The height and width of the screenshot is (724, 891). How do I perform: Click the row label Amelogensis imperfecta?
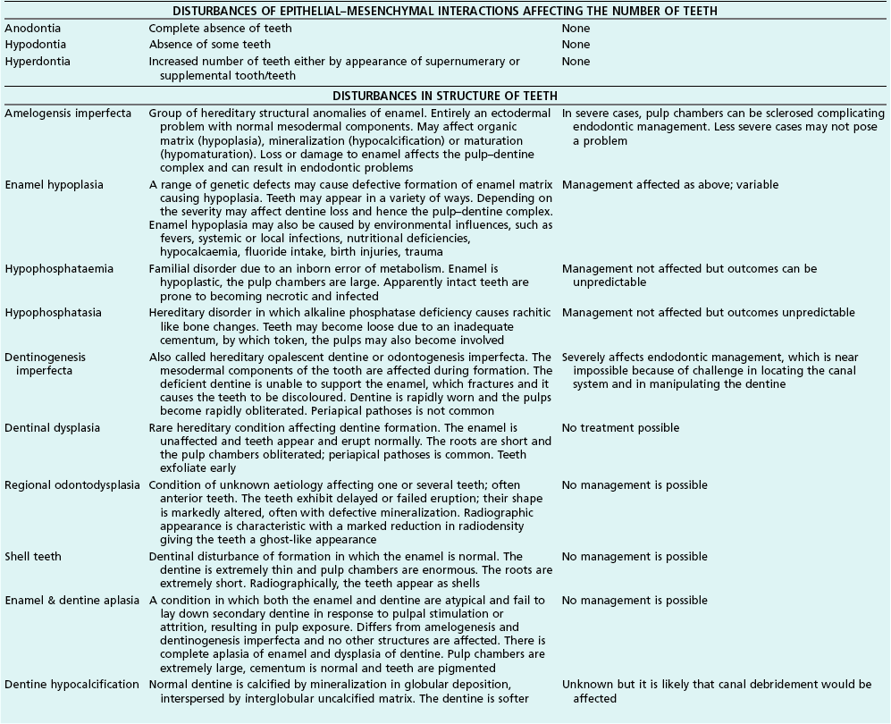(x=68, y=114)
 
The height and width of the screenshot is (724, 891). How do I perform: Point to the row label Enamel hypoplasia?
(x=54, y=185)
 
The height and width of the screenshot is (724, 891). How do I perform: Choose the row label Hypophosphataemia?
(x=60, y=269)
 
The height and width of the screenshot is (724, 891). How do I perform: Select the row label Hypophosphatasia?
(x=54, y=313)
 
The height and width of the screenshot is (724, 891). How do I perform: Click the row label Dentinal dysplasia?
(x=53, y=428)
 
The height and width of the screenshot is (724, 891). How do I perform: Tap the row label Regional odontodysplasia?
(x=72, y=485)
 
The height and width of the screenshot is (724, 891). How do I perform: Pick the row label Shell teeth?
(x=33, y=557)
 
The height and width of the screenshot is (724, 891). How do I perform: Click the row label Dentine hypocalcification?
(x=71, y=685)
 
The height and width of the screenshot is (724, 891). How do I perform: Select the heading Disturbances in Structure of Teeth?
(x=445, y=96)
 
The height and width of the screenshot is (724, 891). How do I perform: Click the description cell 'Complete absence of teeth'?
(x=220, y=29)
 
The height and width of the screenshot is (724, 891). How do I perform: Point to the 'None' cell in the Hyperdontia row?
(x=576, y=62)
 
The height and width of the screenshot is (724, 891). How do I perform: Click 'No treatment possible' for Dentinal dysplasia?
(x=620, y=428)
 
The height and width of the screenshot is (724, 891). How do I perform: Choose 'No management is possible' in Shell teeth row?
(x=634, y=557)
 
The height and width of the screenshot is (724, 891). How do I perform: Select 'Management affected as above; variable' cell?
(x=670, y=185)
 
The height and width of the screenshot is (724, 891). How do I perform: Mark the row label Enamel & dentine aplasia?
(x=72, y=601)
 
